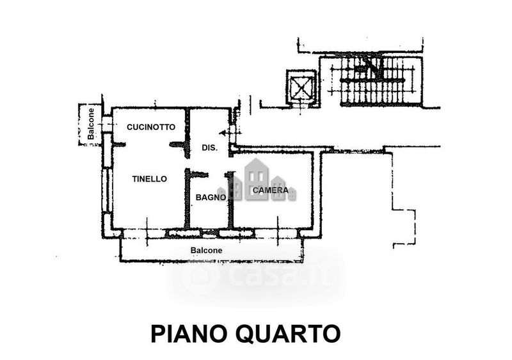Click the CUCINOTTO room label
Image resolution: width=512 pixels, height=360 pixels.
coord(151,127)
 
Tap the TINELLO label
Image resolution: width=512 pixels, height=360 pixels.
coord(150,179)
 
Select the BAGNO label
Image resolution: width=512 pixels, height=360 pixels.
coord(211,197)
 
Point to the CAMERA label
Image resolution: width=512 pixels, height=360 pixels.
coord(271,190)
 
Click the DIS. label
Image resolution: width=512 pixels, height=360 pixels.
coord(210,148)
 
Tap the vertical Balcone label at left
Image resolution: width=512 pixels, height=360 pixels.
coord(90,124)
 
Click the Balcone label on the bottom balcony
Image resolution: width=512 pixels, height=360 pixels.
coord(206,250)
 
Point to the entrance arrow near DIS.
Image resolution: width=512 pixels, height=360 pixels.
coord(225,133)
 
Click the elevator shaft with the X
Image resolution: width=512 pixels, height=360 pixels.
coord(301,87)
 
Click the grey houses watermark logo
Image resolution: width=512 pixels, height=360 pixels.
coord(257,180)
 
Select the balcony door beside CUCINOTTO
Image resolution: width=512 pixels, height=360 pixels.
coord(107,124)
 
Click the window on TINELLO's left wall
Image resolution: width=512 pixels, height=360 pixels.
coord(107,190)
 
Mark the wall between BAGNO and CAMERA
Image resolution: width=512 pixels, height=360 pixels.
coord(230,200)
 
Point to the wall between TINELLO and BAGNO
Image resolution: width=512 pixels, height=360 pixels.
coord(187,198)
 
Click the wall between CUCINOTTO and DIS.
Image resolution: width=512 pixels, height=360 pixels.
coord(188,133)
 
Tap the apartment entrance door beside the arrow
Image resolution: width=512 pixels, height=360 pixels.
coord(232,133)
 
